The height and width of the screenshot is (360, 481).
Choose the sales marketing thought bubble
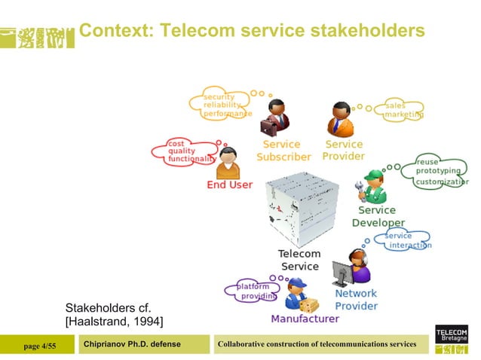click(x=402, y=110)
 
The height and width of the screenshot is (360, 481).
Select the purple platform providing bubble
click(x=252, y=291)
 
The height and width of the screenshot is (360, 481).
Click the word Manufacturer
click(x=305, y=319)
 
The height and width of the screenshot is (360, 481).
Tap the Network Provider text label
click(x=356, y=300)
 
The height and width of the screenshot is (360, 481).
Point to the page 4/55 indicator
click(x=40, y=345)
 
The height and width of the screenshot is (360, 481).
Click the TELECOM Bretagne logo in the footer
click(x=452, y=340)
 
